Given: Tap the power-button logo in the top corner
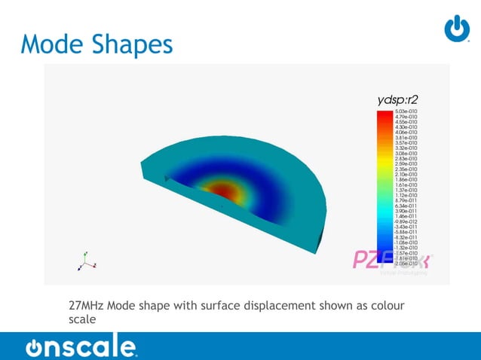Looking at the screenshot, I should (x=456, y=29).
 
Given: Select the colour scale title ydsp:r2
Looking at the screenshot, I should (x=397, y=99).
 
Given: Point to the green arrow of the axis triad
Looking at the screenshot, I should (x=85, y=255).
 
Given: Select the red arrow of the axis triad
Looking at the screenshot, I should (x=93, y=264).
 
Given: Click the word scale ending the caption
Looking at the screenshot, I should (x=82, y=319).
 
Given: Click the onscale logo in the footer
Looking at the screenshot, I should (x=81, y=347).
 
